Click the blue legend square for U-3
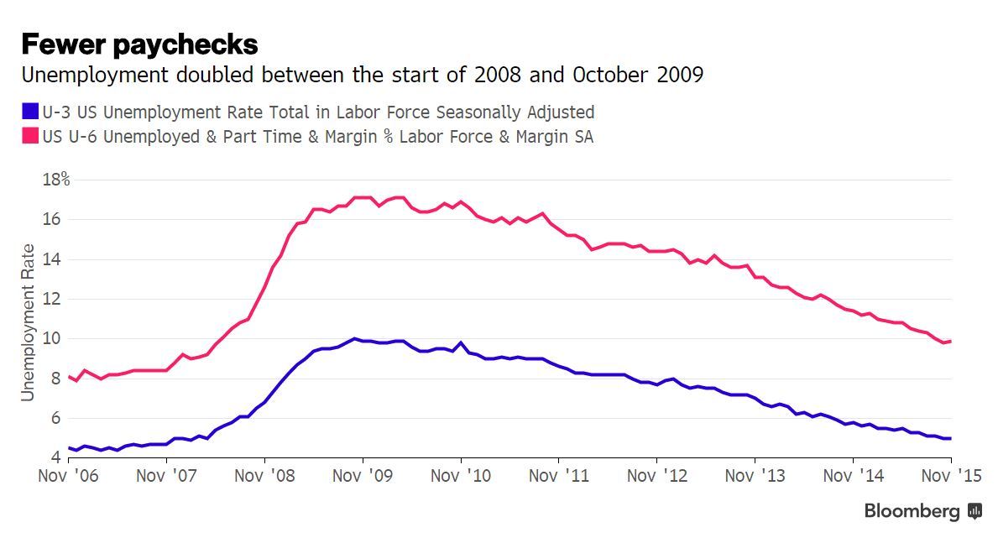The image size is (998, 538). click(x=30, y=112)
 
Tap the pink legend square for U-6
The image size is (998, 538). click(x=30, y=136)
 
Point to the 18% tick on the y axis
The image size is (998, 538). click(x=55, y=180)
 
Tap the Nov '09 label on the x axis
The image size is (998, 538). click(x=363, y=476)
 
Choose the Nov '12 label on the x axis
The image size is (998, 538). click(x=657, y=476)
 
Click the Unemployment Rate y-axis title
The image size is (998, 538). click(x=29, y=322)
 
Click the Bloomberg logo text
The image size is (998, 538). click(x=912, y=510)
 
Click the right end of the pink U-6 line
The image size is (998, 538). click(x=950, y=341)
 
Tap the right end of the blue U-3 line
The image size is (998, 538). click(x=950, y=438)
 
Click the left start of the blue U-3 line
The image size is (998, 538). click(x=69, y=448)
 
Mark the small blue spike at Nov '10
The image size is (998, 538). click(x=461, y=342)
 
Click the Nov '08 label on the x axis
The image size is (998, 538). click(x=265, y=476)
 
